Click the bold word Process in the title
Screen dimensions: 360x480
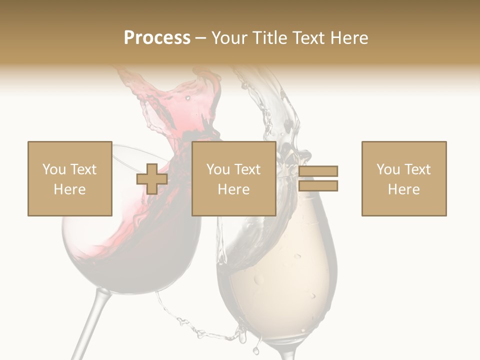pyautogui.click(x=157, y=38)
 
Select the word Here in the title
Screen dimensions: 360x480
pyautogui.click(x=348, y=38)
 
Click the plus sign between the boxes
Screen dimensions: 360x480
pyautogui.click(x=152, y=178)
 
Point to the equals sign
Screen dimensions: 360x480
pyautogui.click(x=318, y=178)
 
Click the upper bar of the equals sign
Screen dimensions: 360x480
pyautogui.click(x=318, y=171)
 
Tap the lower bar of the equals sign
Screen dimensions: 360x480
pyautogui.click(x=318, y=185)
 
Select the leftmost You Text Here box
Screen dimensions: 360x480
pyautogui.click(x=69, y=178)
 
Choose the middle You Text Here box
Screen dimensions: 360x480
pyautogui.click(x=233, y=178)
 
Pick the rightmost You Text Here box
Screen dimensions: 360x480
pyautogui.click(x=403, y=178)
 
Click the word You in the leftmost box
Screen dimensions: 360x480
pyautogui.click(x=53, y=169)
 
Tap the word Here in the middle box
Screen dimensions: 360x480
pyautogui.click(x=233, y=189)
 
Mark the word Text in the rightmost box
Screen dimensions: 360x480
pyautogui.click(x=416, y=169)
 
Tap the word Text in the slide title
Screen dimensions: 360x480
pyautogui.click(x=308, y=38)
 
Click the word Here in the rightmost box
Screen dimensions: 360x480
pyautogui.click(x=403, y=189)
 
